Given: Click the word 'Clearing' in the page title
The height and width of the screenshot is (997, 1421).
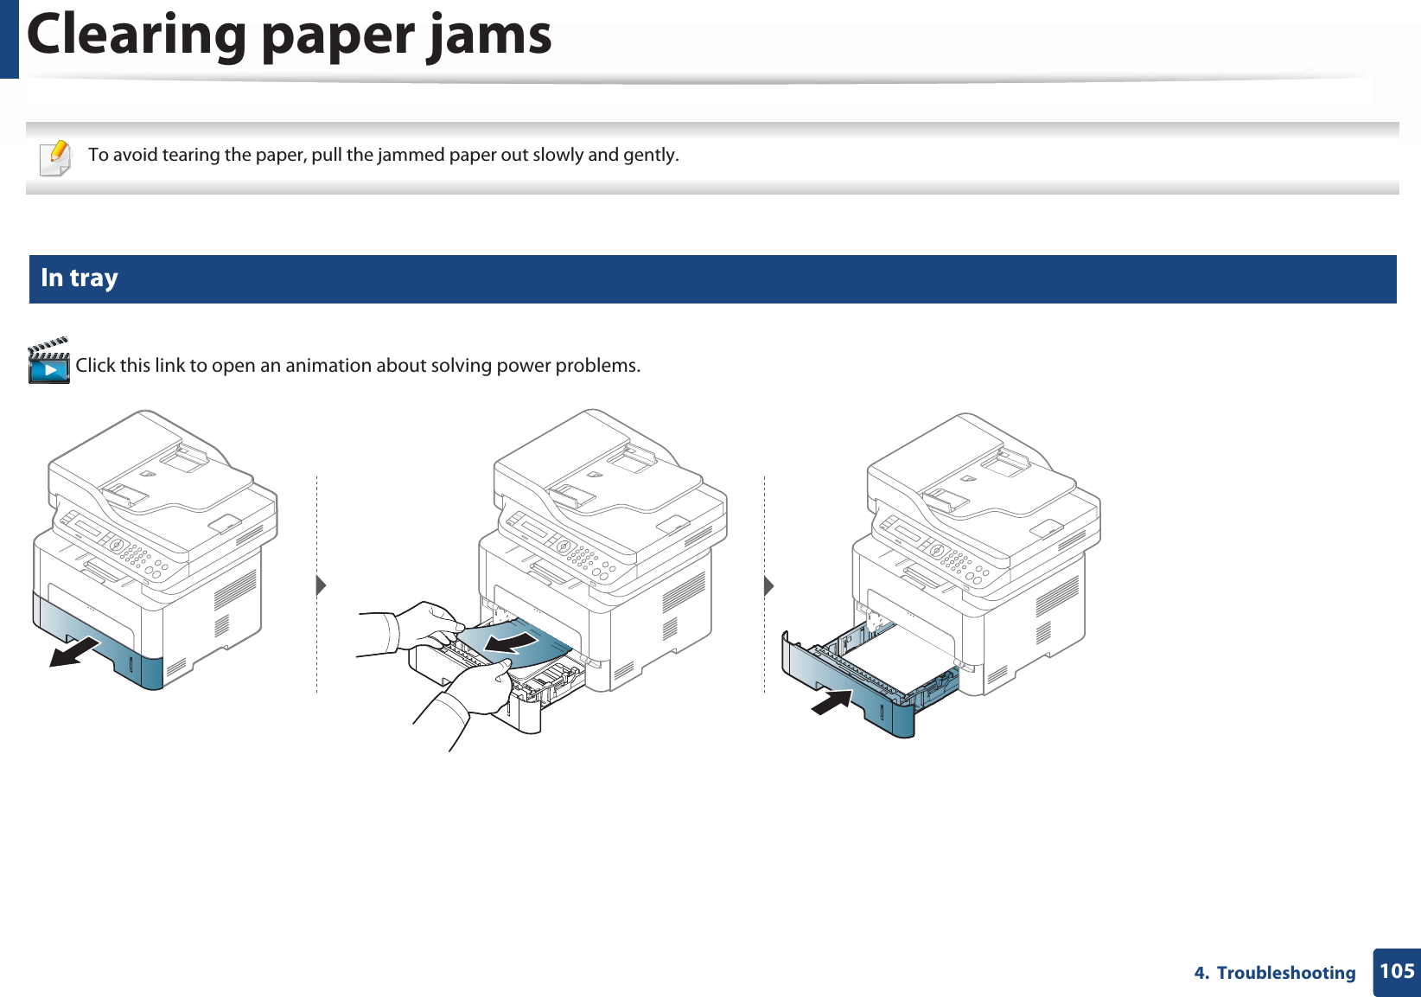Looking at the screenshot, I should coord(137,36).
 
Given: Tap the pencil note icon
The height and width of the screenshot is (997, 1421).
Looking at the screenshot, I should coord(56,157).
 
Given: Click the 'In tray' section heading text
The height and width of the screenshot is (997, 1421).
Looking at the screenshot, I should coord(80,278).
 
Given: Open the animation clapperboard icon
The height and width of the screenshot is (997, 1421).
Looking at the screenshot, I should coord(48,361).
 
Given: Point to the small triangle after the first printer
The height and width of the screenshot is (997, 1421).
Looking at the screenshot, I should coord(321,585).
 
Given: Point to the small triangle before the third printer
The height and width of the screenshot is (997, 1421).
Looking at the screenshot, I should coord(768,585).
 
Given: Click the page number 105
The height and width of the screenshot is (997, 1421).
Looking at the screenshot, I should coord(1397,972).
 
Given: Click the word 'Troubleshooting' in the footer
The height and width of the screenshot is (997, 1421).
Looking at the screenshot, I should coord(1285,973).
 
